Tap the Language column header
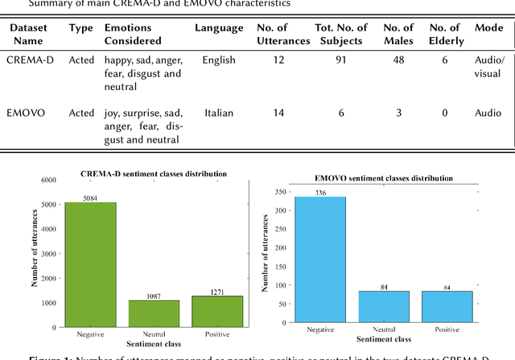pos(219,28)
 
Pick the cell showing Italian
pos(219,113)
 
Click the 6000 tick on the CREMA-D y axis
pos(47,180)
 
